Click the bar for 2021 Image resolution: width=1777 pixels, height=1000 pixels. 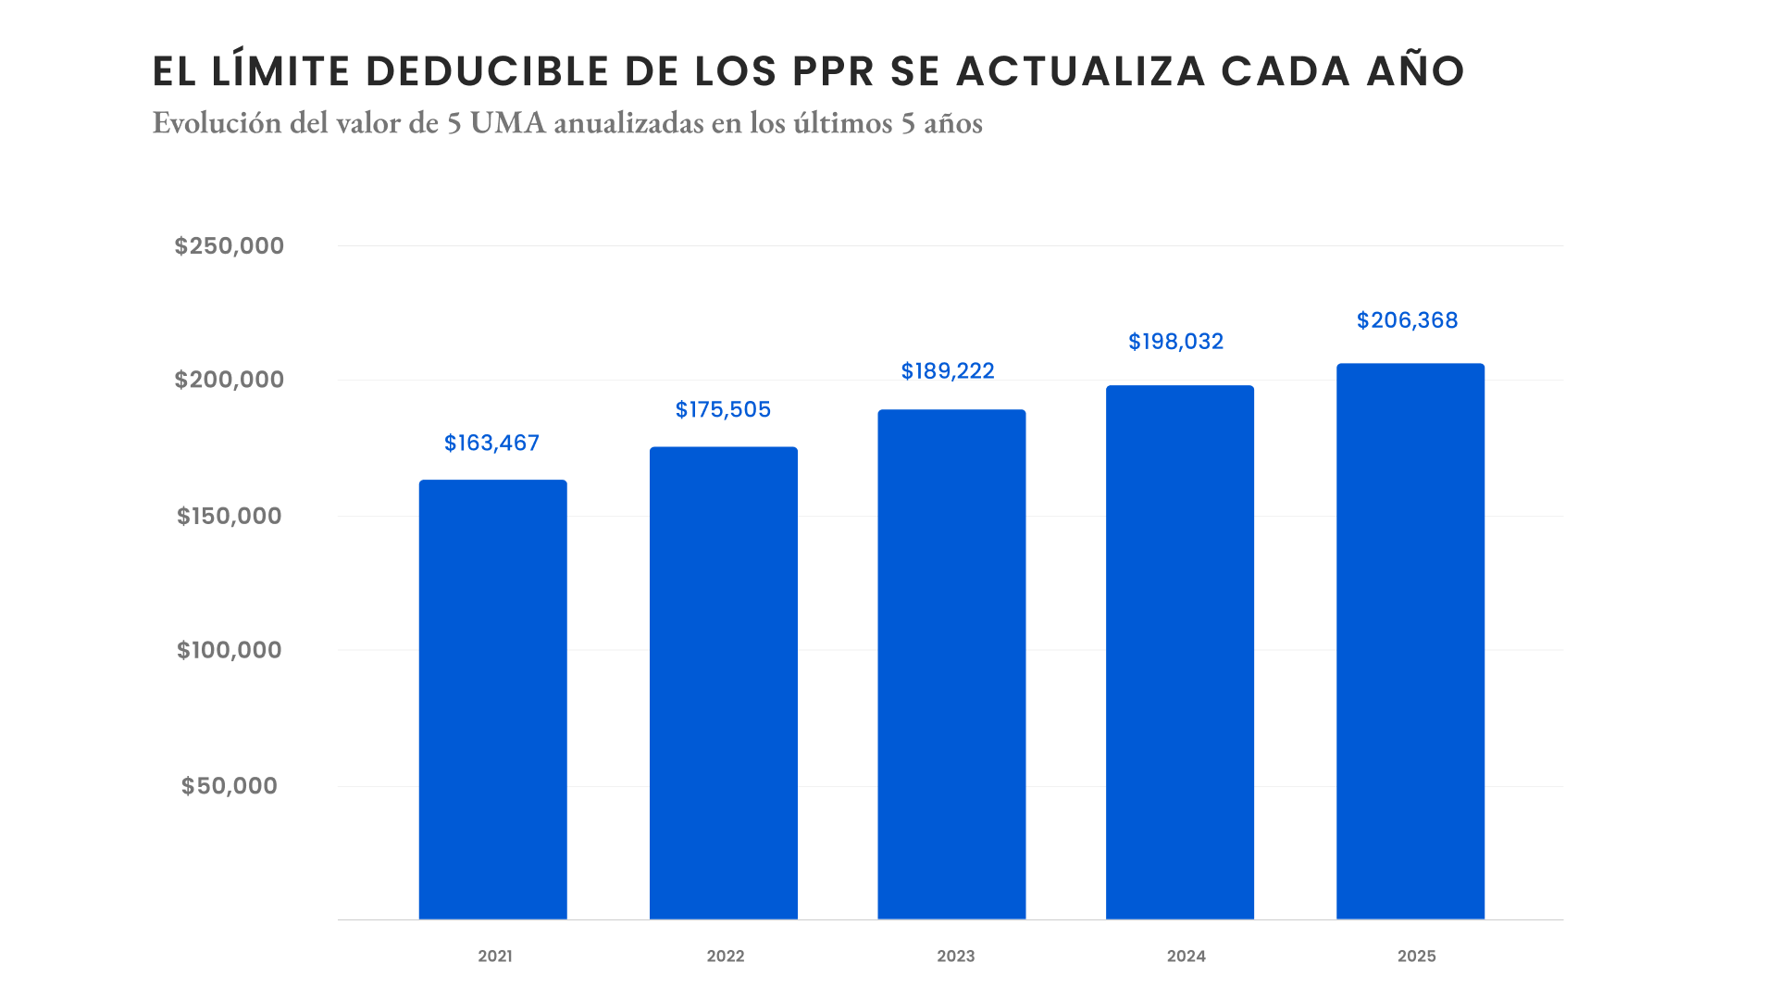pyautogui.click(x=492, y=699)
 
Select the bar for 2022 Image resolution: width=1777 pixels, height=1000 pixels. pyautogui.click(x=723, y=683)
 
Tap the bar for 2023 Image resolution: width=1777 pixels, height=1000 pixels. pyautogui.click(x=951, y=664)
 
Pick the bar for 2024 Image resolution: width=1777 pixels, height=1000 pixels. pyautogui.click(x=1179, y=652)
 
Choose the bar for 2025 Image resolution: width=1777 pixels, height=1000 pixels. pyautogui.click(x=1410, y=641)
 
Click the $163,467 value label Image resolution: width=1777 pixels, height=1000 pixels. pyautogui.click(x=491, y=444)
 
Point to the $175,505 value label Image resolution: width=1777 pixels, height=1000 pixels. pyautogui.click(x=723, y=410)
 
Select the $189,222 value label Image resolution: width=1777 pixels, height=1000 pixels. pyautogui.click(x=948, y=371)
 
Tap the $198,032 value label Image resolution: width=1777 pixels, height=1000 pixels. pyautogui.click(x=1175, y=342)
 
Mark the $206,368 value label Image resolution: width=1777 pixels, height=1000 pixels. pyautogui.click(x=1407, y=320)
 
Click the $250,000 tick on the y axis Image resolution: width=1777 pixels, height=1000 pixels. pyautogui.click(x=230, y=246)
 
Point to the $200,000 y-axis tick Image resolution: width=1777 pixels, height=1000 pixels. pyautogui.click(x=230, y=380)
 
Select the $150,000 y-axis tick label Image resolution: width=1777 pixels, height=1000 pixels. pyautogui.click(x=230, y=516)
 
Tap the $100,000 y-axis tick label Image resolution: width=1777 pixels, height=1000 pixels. pyautogui.click(x=230, y=650)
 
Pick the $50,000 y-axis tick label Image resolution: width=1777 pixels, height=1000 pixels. pyautogui.click(x=230, y=786)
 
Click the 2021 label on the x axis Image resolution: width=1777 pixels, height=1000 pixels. pyautogui.click(x=495, y=956)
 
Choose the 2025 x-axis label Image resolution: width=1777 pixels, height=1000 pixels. pyautogui.click(x=1416, y=956)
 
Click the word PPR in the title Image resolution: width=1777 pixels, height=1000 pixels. pyautogui.click(x=833, y=72)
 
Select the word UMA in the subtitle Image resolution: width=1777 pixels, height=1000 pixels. pyautogui.click(x=507, y=123)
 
